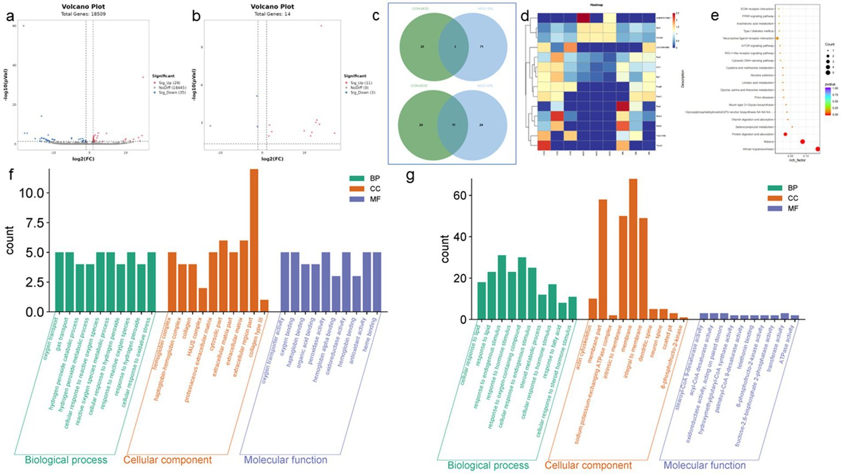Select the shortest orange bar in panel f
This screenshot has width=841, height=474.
(x=265, y=306)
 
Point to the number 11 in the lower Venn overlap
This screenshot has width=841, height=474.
(x=453, y=125)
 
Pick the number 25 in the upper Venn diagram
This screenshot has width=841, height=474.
(x=422, y=47)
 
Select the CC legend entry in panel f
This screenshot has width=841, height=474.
(x=374, y=189)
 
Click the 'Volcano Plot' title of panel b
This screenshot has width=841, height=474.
(x=272, y=7)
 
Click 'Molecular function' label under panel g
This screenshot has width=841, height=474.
(x=705, y=465)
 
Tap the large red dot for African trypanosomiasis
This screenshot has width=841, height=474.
(x=818, y=149)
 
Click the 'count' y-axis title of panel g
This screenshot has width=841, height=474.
(x=444, y=249)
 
